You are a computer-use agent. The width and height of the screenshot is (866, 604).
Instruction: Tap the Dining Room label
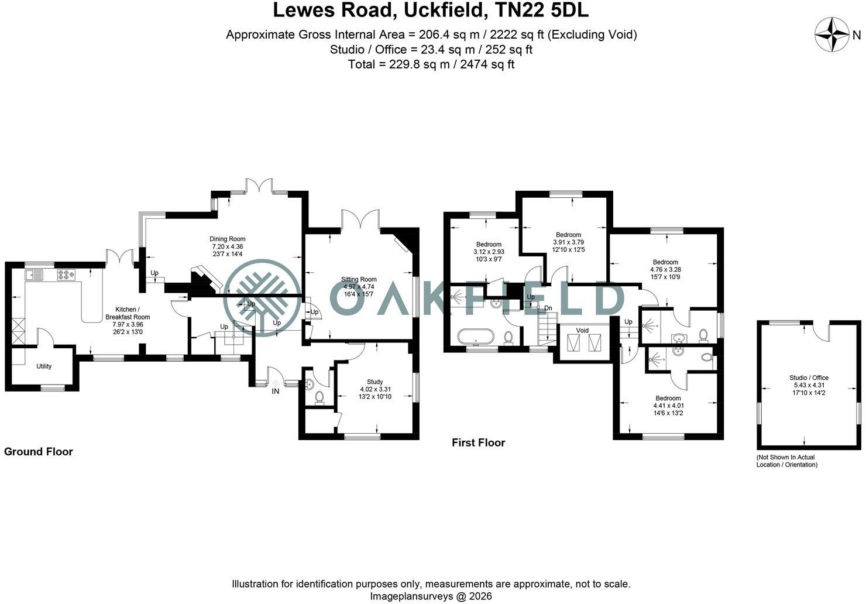(227, 239)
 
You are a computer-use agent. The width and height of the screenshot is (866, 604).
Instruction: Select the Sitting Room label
(359, 279)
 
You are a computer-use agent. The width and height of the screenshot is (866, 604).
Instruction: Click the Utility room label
(44, 366)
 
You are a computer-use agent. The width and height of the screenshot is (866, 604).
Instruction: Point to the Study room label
(374, 382)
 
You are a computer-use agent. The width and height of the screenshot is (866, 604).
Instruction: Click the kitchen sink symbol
(34, 275)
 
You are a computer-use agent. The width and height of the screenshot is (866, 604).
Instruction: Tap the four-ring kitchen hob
(67, 275)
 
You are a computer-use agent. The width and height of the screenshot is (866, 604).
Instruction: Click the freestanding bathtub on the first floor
(476, 337)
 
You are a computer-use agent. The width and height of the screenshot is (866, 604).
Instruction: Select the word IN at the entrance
(275, 392)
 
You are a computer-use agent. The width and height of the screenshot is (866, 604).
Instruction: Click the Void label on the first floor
(582, 330)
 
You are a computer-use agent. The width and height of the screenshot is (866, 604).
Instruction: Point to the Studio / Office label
(809, 377)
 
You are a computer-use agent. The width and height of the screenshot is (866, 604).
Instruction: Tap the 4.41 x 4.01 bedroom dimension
(668, 406)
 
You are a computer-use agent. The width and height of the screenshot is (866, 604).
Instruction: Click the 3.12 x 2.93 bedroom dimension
(489, 252)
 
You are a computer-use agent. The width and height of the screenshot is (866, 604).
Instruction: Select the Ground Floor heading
(38, 452)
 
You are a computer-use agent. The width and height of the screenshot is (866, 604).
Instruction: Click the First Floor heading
(478, 442)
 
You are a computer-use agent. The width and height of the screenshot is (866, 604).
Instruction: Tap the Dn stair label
(548, 308)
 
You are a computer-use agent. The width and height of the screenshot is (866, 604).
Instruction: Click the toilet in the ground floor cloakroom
(319, 398)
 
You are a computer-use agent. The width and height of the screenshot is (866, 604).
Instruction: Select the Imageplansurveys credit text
(431, 596)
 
